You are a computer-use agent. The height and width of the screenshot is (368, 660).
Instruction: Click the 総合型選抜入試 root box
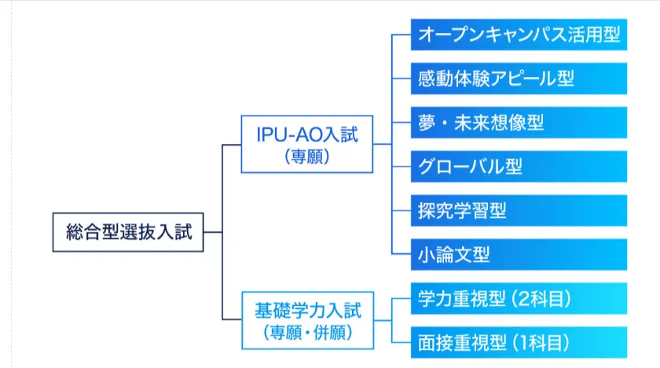128,232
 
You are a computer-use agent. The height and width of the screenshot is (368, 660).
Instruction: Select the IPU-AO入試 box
306,145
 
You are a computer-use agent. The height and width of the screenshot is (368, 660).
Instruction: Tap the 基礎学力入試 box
306,320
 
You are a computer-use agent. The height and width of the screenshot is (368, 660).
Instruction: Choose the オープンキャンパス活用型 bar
519,35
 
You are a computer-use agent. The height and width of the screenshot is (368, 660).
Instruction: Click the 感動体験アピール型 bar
519,79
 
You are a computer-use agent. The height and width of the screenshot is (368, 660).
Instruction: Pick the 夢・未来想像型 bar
519,123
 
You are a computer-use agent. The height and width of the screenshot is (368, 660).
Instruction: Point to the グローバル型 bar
519,167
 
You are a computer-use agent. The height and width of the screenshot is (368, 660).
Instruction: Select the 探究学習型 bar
519,211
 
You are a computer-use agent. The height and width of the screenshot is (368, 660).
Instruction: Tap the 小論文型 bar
519,255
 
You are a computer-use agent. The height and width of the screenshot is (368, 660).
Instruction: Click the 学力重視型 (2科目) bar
519,299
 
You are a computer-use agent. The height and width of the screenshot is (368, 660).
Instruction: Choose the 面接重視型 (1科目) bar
519,343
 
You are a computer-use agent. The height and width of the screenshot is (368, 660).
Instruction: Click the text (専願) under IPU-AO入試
306,156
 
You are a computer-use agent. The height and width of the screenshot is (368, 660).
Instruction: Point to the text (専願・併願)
306,332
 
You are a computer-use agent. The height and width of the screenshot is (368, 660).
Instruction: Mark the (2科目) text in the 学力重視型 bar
541,299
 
